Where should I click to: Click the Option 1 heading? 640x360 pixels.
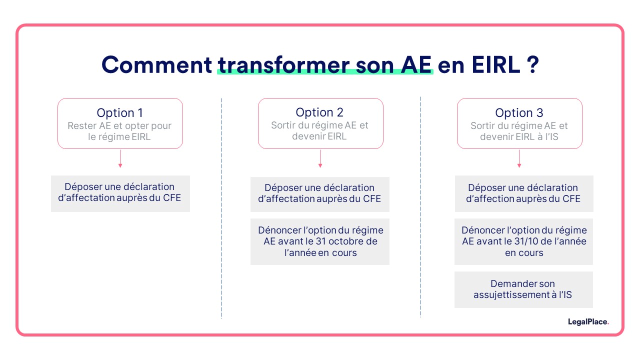(120, 113)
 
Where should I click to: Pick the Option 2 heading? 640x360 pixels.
(320, 112)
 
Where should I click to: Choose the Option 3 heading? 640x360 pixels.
(519, 113)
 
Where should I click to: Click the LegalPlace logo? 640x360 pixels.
(588, 322)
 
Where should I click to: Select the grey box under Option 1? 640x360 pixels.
(120, 193)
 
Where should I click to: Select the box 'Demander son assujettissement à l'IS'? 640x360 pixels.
(523, 289)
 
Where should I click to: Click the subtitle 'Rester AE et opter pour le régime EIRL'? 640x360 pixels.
(120, 131)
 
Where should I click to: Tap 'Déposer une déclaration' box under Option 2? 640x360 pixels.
(320, 193)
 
